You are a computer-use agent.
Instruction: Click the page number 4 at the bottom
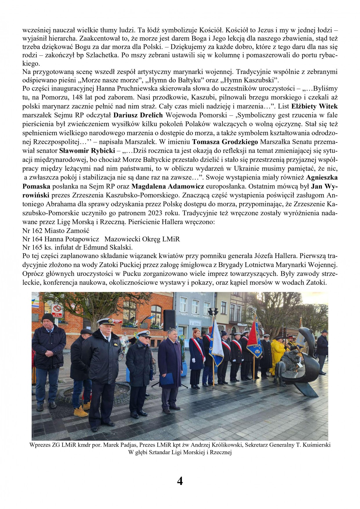[180, 481]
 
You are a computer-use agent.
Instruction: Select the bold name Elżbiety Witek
[314, 106]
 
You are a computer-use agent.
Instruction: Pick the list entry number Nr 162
[32, 231]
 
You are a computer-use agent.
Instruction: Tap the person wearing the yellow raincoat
[277, 355]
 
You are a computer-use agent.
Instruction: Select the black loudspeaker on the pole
[169, 320]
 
